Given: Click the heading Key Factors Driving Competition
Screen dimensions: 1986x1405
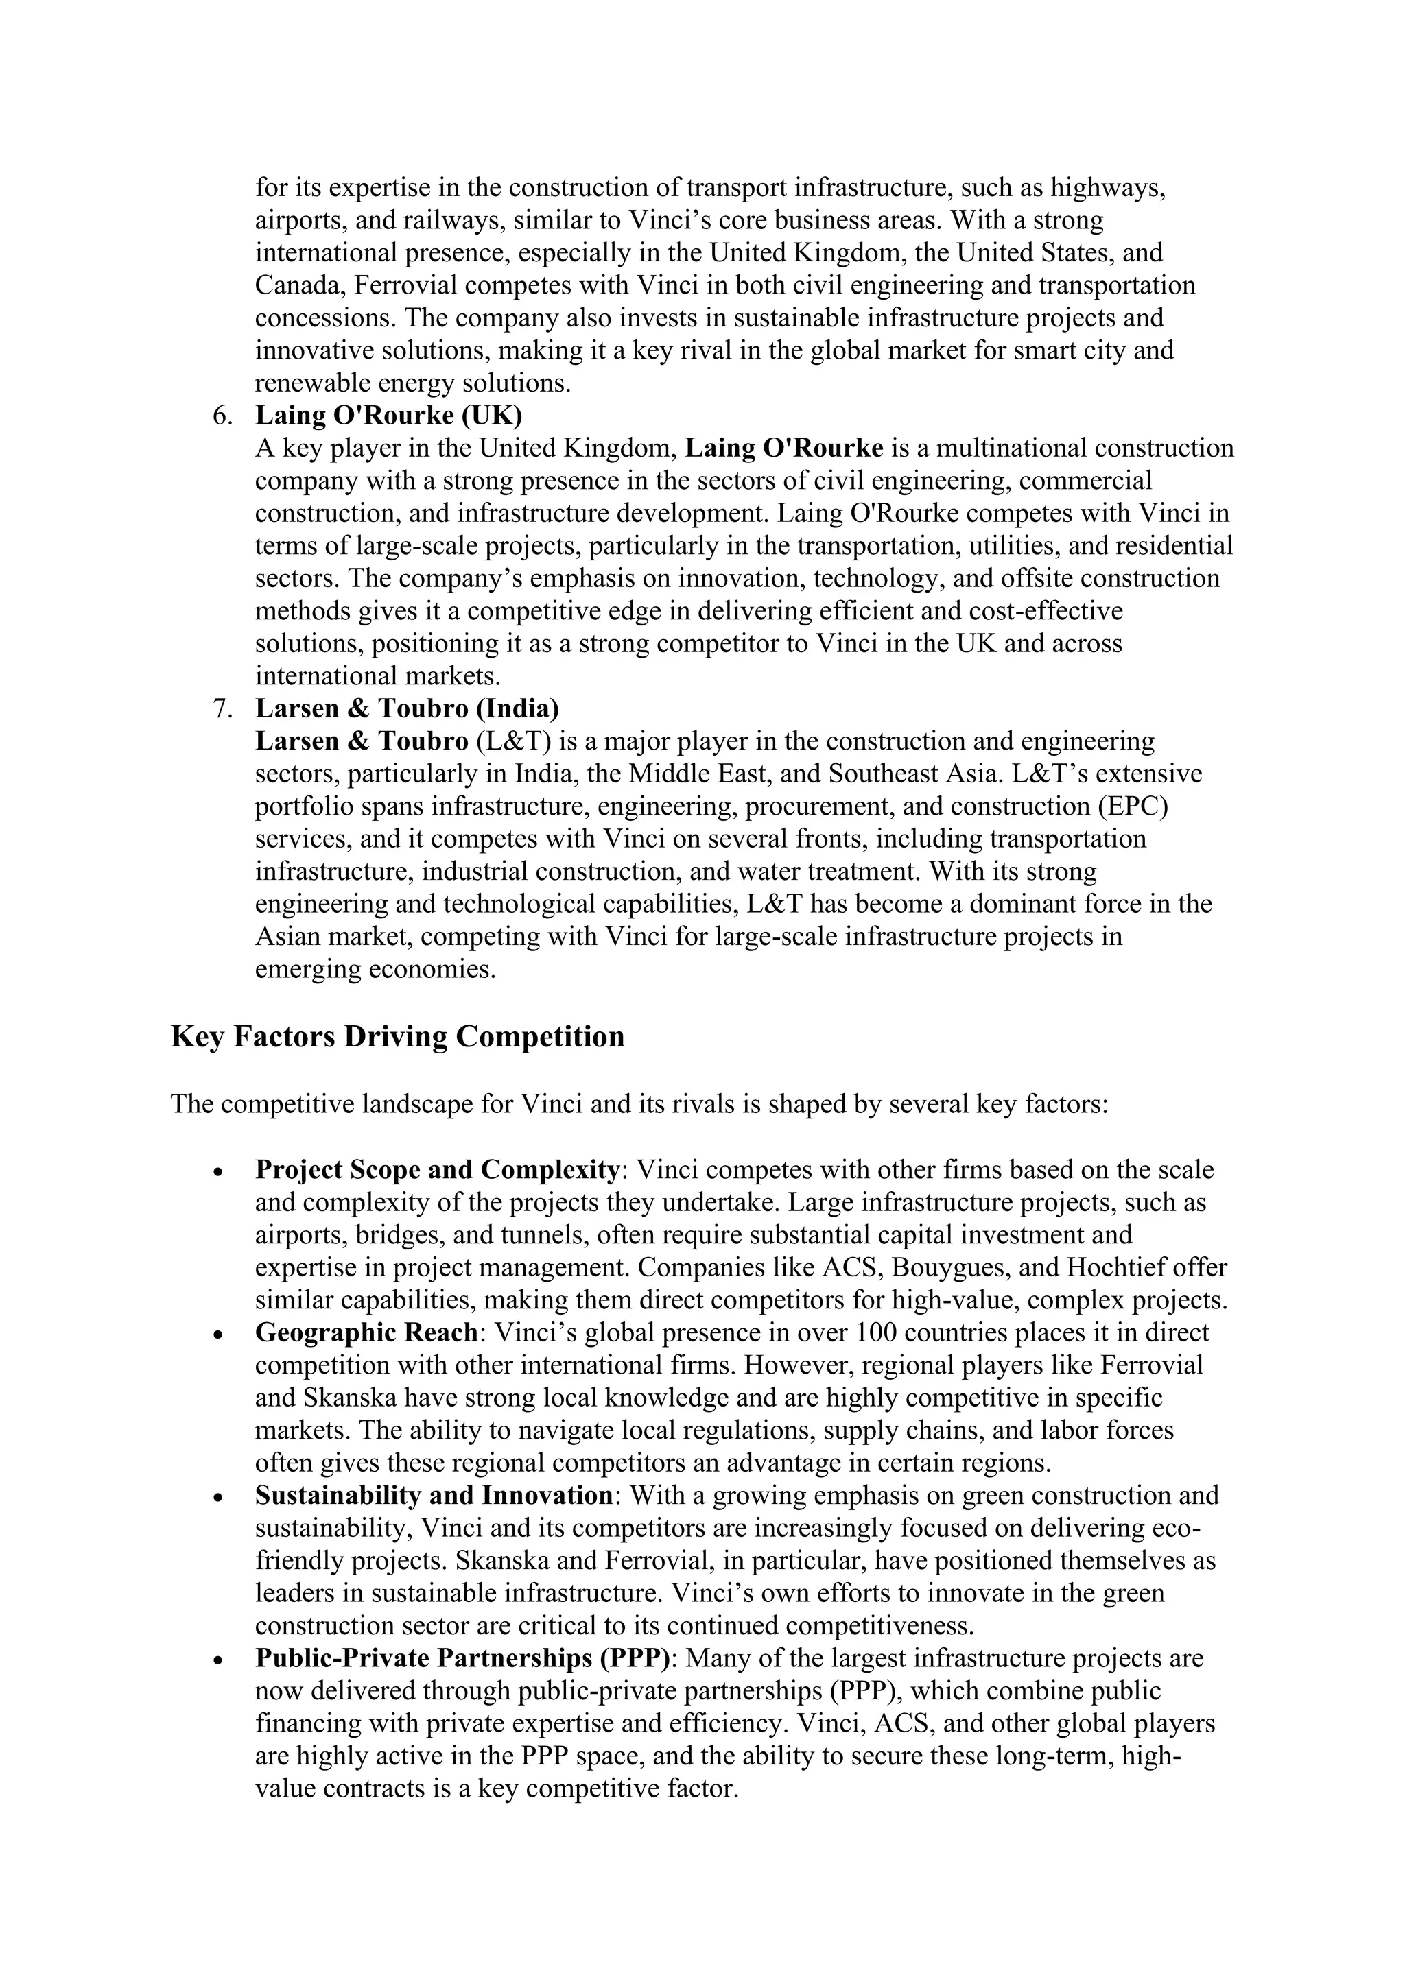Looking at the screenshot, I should click(397, 1036).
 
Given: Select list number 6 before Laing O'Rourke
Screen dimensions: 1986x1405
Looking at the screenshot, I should click(222, 416).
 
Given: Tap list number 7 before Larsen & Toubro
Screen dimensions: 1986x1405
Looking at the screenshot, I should click(222, 709).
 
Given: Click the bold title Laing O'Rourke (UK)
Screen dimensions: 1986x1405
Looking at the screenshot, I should click(388, 416).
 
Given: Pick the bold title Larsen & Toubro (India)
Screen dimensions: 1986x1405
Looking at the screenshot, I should click(407, 709).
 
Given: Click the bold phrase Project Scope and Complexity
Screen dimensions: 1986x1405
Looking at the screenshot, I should click(436, 1169).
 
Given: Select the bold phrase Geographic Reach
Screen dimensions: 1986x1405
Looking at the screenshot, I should click(366, 1332).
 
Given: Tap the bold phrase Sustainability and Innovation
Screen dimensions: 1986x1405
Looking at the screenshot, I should click(434, 1495).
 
